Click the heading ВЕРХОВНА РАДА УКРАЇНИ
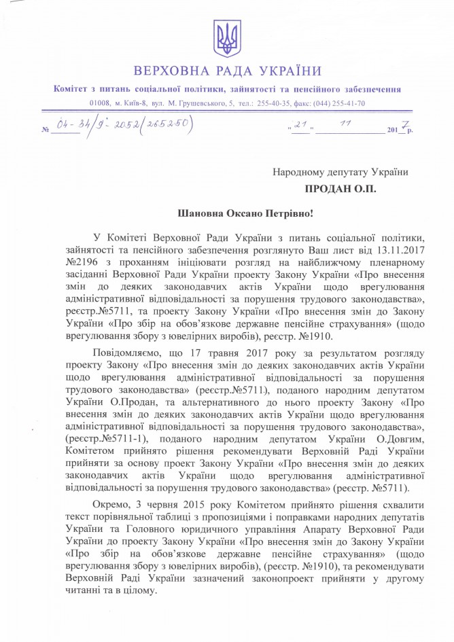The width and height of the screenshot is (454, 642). click(x=227, y=70)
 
